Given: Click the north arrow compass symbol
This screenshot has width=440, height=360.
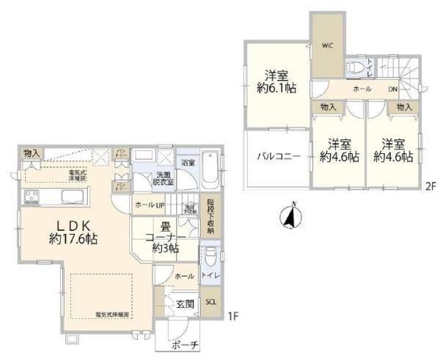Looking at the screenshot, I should pos(290,216).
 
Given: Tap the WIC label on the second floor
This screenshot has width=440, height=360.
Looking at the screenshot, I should pos(327,45).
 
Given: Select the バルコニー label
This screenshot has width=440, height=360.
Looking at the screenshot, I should pos(276,156).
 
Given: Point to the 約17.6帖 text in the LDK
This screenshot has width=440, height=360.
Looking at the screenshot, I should pos(74,238).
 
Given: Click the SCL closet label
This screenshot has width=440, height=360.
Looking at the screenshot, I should pos(210,301).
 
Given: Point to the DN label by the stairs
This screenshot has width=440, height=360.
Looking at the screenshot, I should pos(392,89).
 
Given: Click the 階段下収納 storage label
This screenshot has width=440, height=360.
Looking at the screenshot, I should pos(210,217).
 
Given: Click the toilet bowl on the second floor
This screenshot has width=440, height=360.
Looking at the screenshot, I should pos(356,66).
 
